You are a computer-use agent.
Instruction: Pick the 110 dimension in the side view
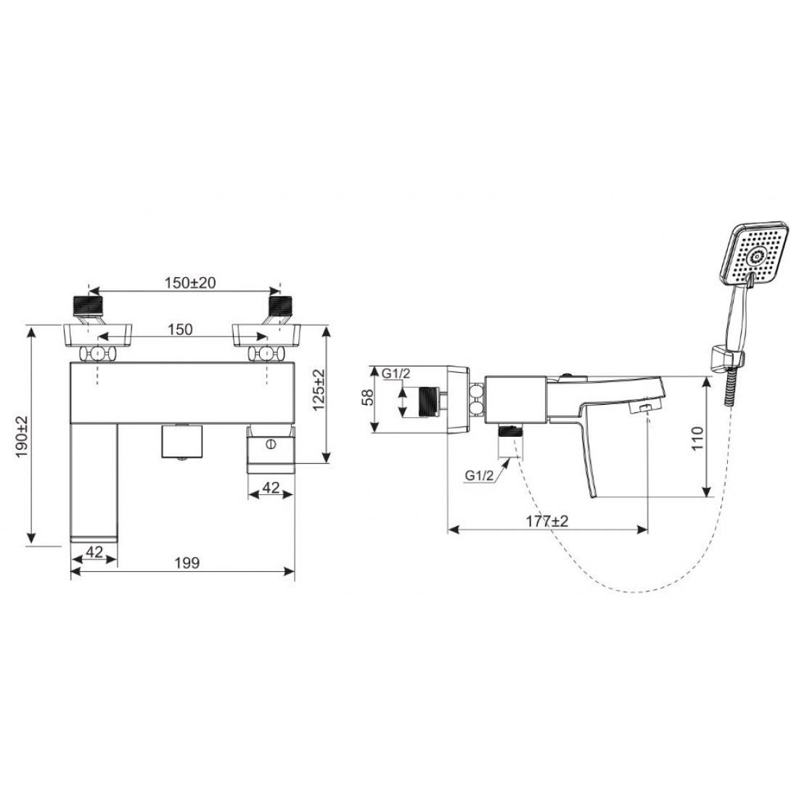coord(697,438)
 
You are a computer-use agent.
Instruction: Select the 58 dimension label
coord(368,398)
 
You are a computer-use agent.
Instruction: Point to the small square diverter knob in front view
coord(181,442)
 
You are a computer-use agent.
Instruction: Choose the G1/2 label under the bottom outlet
coord(480,476)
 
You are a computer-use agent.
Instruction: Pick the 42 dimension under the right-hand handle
coord(271,488)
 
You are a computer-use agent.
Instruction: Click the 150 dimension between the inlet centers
coord(181,330)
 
